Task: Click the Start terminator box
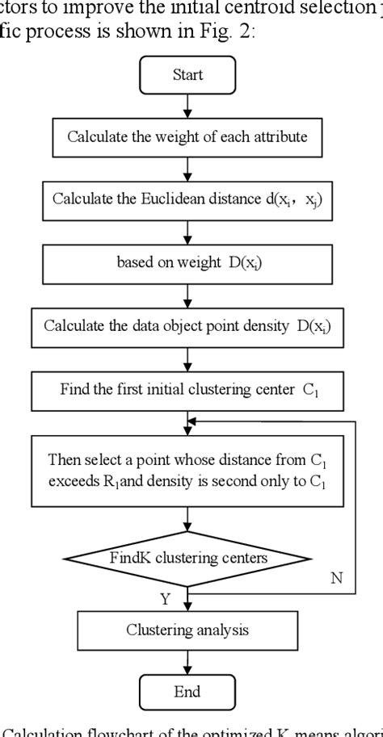tap(187, 76)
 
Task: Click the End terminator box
tap(187, 692)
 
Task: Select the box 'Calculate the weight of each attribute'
tap(187, 136)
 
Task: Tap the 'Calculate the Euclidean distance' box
tap(187, 199)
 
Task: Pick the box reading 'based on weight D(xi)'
tap(187, 262)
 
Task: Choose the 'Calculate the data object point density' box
tap(187, 326)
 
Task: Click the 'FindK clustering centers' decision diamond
tap(187, 556)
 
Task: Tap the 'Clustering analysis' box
tap(187, 630)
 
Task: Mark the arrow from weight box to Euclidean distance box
tap(187, 168)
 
